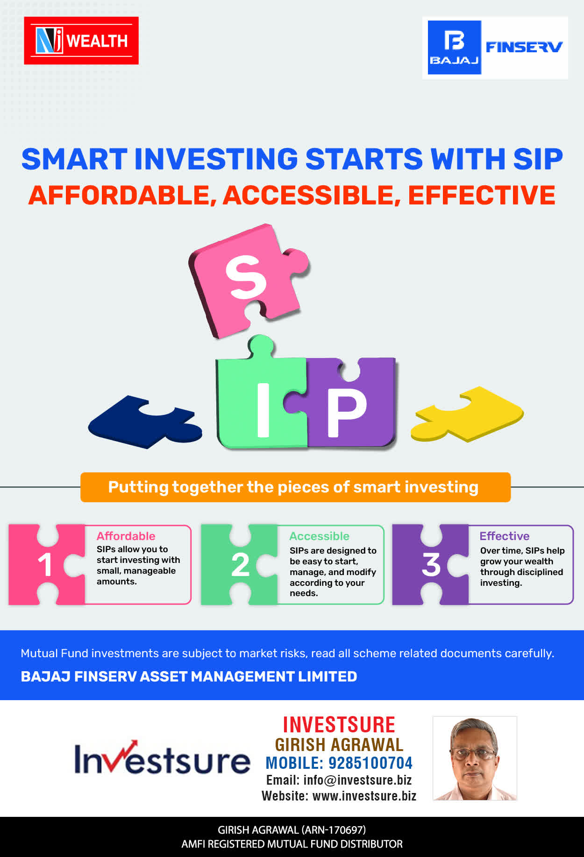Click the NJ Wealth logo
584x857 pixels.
[x=81, y=41]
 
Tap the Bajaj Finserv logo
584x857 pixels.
[x=495, y=48]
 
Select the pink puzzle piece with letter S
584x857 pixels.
[x=248, y=280]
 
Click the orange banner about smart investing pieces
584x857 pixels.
[x=295, y=487]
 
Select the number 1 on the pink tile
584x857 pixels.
[x=45, y=565]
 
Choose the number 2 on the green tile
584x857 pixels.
[x=240, y=565]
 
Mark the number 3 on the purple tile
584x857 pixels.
[x=431, y=565]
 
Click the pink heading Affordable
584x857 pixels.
[x=126, y=536]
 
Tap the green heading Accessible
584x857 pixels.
[x=319, y=536]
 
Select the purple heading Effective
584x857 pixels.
[x=505, y=536]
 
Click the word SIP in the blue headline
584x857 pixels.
[x=538, y=159]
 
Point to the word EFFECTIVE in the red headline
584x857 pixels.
[x=482, y=195]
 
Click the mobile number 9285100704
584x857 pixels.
[x=370, y=763]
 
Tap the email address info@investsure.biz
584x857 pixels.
[x=357, y=780]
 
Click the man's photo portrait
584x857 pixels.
[x=475, y=758]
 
